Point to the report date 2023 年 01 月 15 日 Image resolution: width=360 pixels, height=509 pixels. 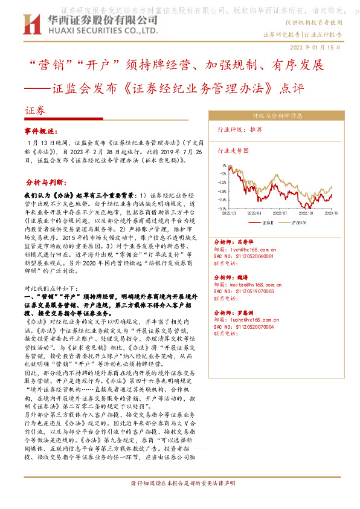point(316,47)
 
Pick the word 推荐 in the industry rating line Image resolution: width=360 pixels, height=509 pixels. point(256,129)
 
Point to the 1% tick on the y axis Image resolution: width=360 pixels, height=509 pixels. point(224,164)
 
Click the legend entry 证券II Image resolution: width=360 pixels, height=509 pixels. point(268,223)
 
